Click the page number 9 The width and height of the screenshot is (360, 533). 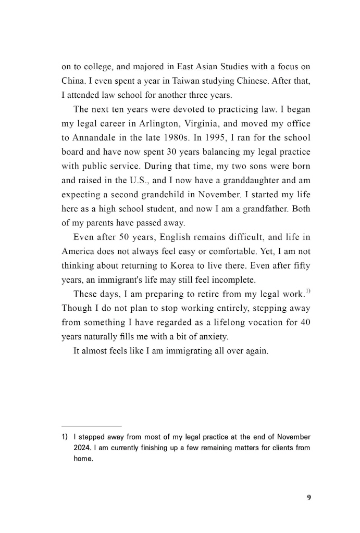[308, 497]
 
